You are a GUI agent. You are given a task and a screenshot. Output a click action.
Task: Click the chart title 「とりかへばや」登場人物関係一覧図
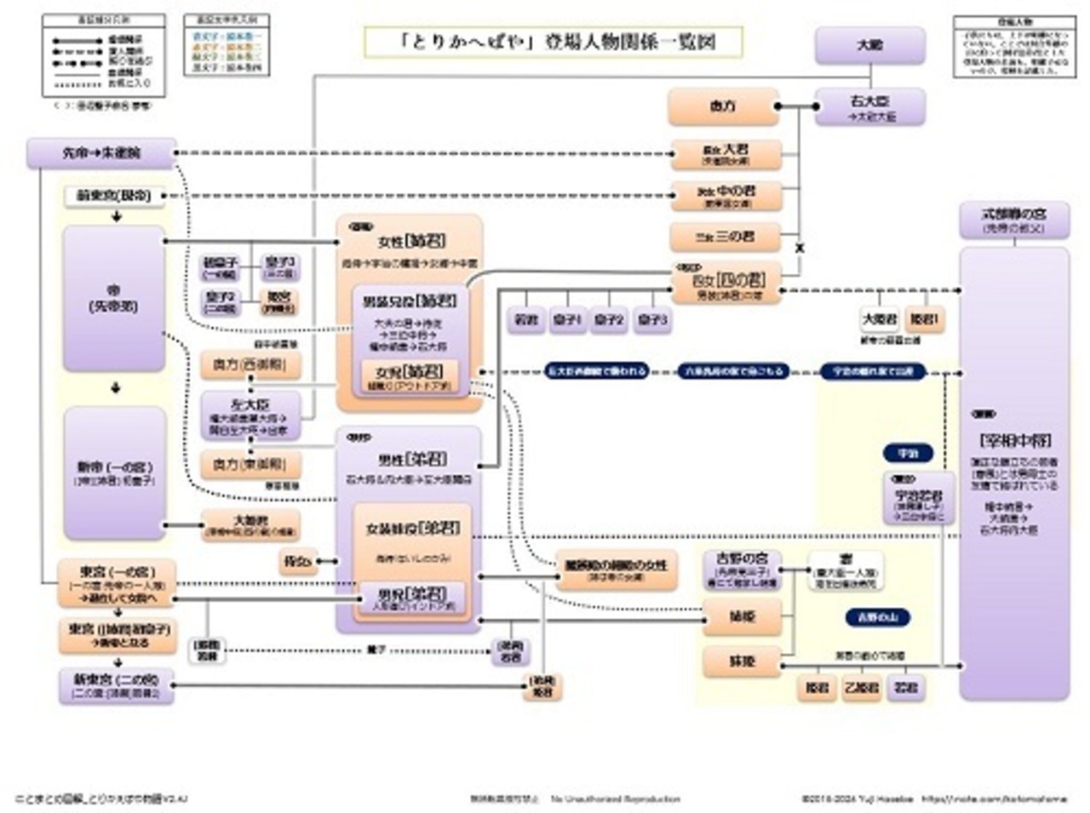click(554, 42)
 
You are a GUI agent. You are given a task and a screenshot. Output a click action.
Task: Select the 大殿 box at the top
click(869, 45)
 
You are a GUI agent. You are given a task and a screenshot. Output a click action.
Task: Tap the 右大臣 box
click(869, 106)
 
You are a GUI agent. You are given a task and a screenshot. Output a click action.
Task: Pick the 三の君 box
click(726, 236)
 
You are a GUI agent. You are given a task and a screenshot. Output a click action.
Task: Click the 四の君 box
click(726, 283)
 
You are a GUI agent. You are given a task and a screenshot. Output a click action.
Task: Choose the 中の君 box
click(726, 195)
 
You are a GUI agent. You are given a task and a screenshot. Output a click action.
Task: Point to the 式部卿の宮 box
click(1013, 220)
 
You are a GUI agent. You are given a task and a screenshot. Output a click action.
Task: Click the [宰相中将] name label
click(1014, 440)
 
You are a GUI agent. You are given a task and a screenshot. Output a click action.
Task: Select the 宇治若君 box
click(918, 500)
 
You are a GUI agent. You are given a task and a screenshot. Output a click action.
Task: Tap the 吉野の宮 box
click(742, 570)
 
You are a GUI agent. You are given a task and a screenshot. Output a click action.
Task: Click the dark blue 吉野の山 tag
click(877, 616)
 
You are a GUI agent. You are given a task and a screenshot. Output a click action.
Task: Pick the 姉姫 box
click(742, 616)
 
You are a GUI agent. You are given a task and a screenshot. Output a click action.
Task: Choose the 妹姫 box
click(742, 661)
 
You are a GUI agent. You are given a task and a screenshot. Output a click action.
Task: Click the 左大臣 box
click(250, 414)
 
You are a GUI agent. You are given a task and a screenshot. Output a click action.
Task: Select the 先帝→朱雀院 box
click(101, 153)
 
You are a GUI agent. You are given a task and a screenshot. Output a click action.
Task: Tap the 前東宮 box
click(113, 196)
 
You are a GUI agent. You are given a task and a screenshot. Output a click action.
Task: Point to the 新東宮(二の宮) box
click(116, 685)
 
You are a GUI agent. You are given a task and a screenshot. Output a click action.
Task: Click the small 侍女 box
click(298, 561)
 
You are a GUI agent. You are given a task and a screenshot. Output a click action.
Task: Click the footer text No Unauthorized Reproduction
click(615, 799)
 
